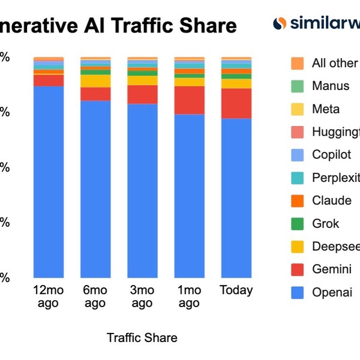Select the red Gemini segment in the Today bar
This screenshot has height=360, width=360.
point(236,103)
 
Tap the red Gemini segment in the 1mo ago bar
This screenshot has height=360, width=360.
point(189,100)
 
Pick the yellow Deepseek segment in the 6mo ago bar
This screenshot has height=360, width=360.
point(95,81)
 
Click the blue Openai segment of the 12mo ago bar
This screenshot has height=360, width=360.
point(49,180)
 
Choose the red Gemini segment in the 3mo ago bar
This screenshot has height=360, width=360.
point(142,94)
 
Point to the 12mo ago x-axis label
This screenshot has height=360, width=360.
point(48,296)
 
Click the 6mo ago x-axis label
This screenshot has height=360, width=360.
point(95,296)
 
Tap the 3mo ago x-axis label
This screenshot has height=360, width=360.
point(142,296)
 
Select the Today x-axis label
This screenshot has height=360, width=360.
point(236,290)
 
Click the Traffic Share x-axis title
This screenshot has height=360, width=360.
point(142,338)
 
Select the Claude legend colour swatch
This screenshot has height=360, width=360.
point(297,200)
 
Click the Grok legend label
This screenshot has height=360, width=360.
point(325,224)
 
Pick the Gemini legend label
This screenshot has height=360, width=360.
point(331,269)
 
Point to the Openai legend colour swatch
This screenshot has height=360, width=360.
point(297,293)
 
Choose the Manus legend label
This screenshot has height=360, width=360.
point(330,86)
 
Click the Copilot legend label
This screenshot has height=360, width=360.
point(331,155)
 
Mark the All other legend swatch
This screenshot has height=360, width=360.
point(297,63)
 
